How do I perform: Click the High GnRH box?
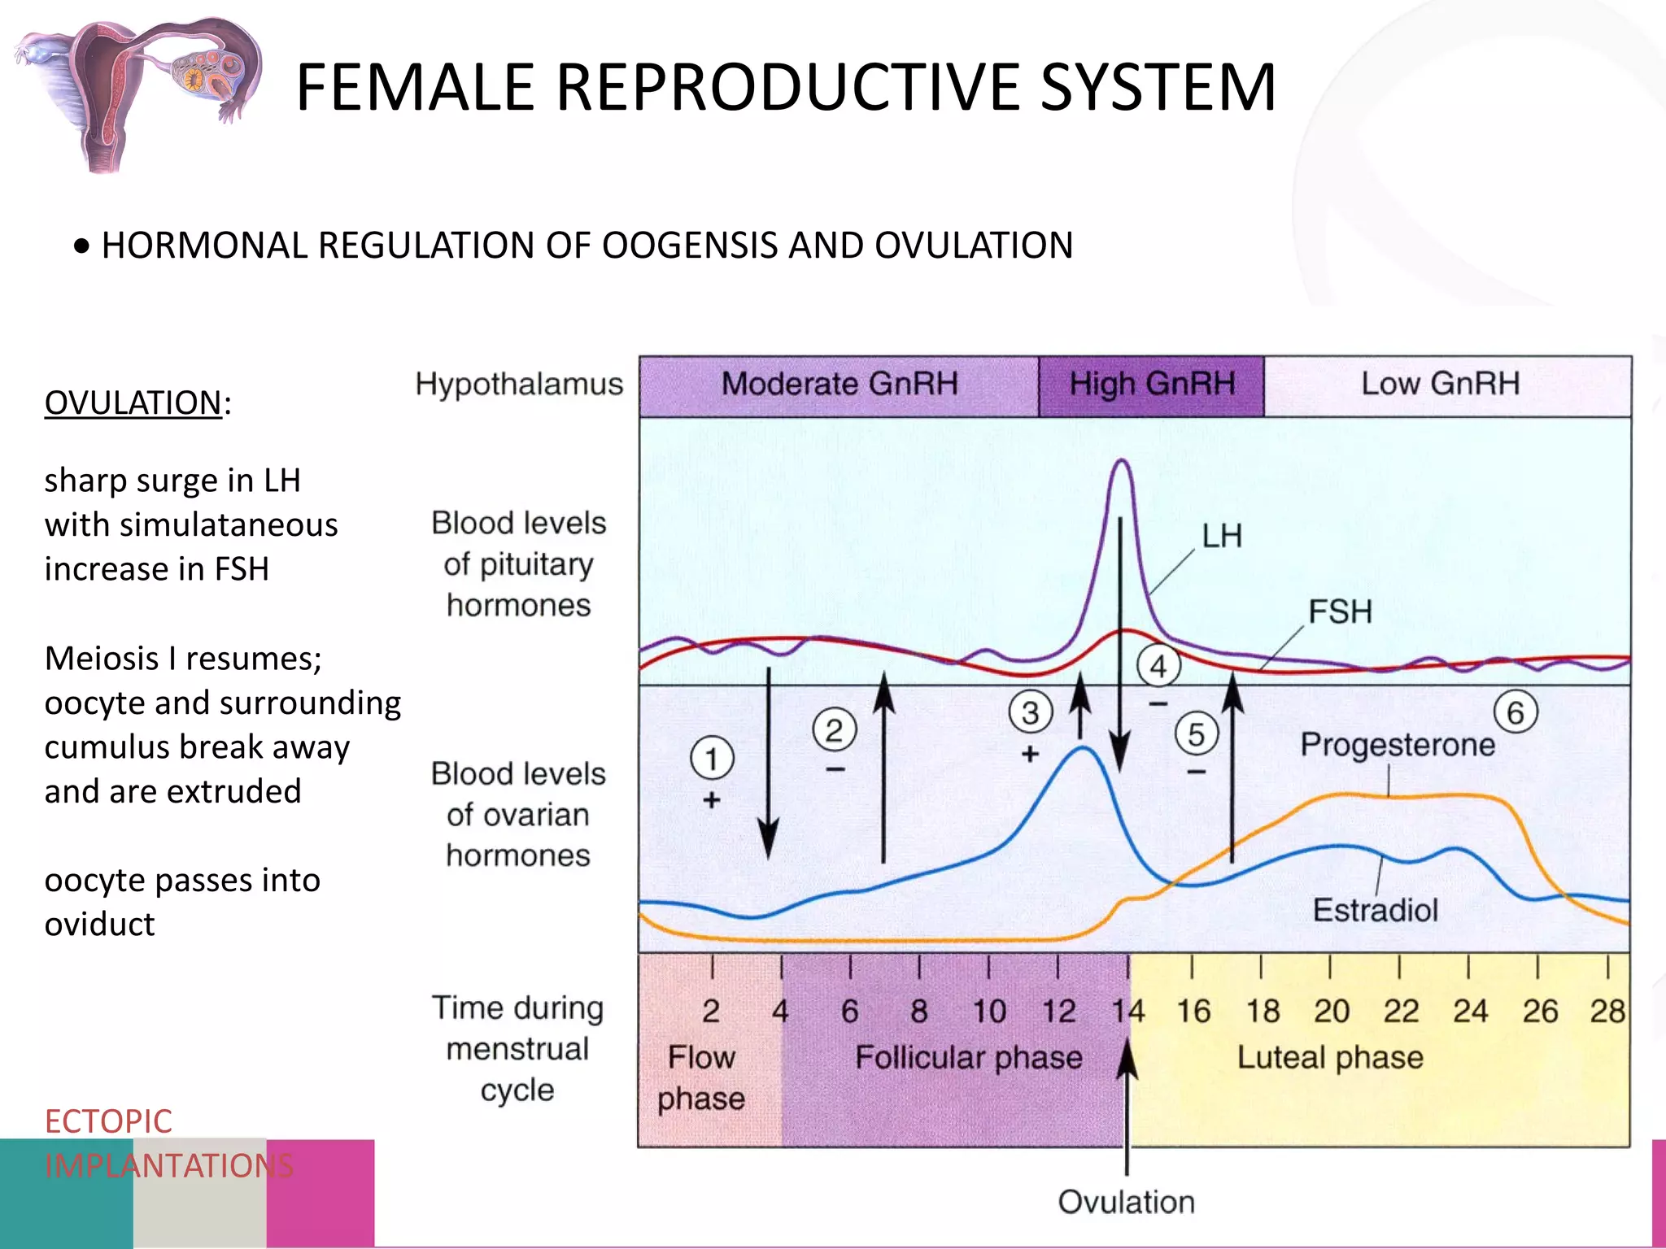1151,384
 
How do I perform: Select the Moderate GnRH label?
840,384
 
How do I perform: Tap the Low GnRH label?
1440,384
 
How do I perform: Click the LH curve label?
1222,537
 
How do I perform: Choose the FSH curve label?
1340,611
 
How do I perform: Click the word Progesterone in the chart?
1398,745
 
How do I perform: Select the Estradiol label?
1375,910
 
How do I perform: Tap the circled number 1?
712,759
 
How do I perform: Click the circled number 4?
1158,666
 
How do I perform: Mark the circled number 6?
1516,712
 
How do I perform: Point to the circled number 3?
1031,712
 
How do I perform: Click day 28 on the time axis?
1607,1012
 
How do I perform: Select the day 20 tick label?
1332,1012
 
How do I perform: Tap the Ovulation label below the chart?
1126,1202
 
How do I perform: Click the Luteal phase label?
1330,1058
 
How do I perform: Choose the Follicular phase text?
968,1058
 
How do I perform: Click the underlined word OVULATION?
133,403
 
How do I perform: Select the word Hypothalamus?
519,384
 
